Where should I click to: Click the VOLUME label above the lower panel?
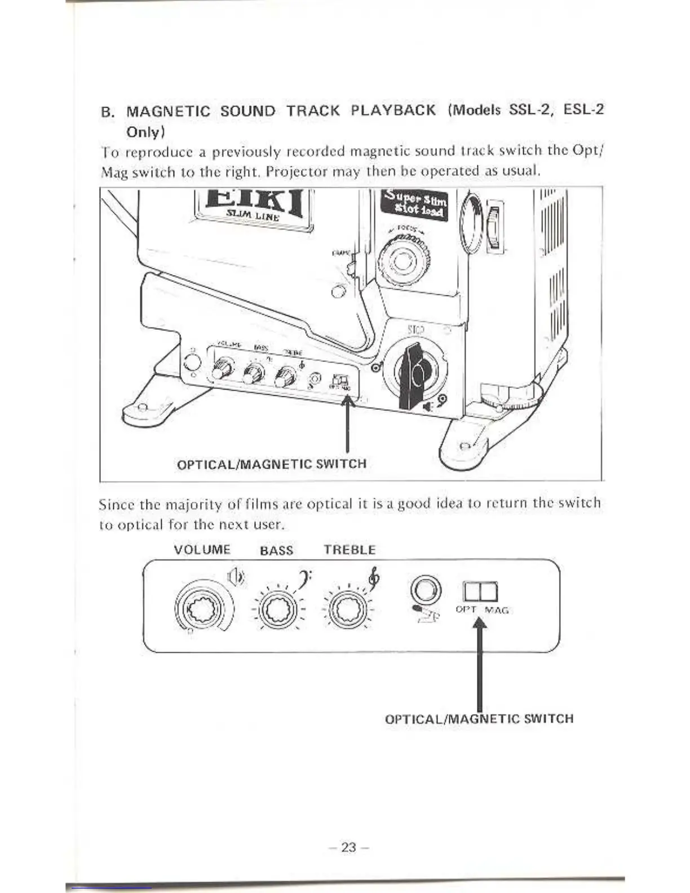[202, 550]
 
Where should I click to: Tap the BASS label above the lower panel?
[276, 550]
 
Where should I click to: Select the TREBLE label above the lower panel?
[350, 550]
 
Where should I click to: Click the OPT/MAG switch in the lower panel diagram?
[480, 591]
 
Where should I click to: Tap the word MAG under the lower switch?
[496, 610]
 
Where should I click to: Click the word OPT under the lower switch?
[466, 609]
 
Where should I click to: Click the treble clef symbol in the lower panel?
[373, 577]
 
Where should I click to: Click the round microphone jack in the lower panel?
[426, 590]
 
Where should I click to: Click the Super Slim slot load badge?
[414, 205]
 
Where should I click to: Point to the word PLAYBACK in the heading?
[393, 110]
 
